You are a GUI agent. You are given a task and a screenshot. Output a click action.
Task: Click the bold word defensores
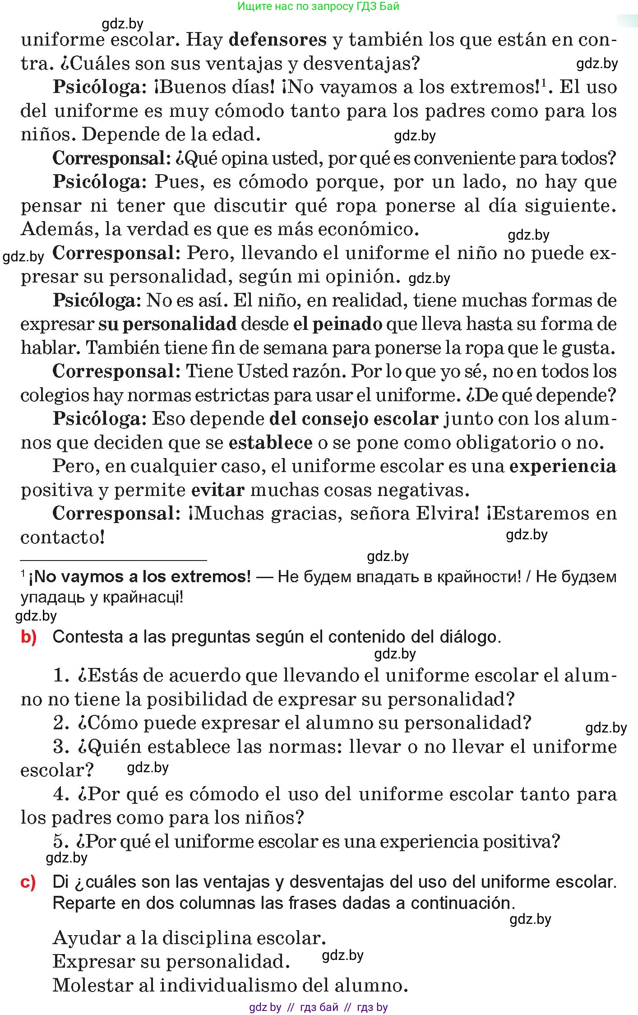click(277, 40)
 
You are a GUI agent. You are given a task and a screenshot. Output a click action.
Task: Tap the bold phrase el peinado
click(337, 324)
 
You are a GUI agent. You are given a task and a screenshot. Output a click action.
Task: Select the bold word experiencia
click(563, 466)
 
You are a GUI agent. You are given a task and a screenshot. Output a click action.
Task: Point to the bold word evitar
click(218, 490)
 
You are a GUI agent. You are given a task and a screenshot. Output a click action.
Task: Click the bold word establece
click(270, 443)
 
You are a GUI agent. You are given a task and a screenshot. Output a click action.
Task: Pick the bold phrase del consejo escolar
click(354, 419)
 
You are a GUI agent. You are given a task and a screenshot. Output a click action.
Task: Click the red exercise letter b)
click(29, 637)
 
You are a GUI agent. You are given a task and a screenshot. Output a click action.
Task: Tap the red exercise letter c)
click(28, 881)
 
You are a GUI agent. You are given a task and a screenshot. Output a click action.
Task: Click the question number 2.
click(60, 723)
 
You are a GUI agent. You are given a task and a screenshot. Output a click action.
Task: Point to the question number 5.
click(60, 841)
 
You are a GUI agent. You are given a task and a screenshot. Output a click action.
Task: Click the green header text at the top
click(318, 6)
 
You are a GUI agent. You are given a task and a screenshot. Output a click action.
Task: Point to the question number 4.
click(60, 794)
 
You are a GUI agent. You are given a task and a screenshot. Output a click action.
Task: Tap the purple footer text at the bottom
click(318, 1007)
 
